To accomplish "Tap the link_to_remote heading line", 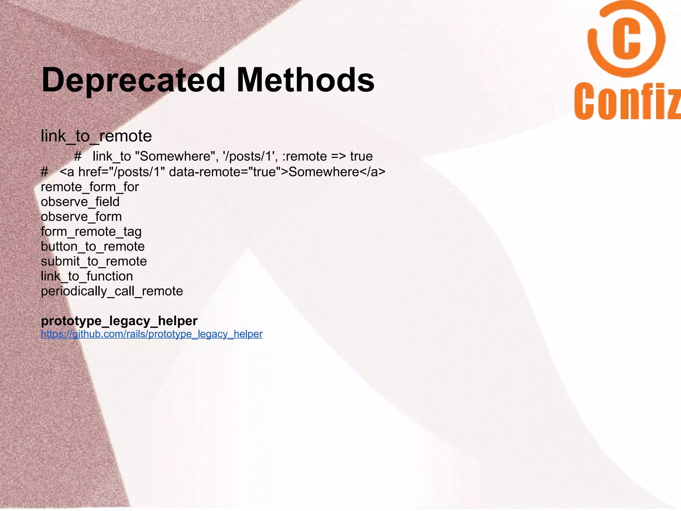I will pyautogui.click(x=96, y=136).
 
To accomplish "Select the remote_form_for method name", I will pyautogui.click(x=90, y=187).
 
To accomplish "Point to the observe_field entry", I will pyautogui.click(x=80, y=202).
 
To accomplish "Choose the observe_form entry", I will pyautogui.click(x=81, y=217).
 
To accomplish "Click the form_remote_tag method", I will pyautogui.click(x=91, y=232).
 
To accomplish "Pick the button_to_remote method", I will pyautogui.click(x=92, y=247).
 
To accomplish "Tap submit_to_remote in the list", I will pyautogui.click(x=94, y=261).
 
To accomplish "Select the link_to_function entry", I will pyautogui.click(x=87, y=276).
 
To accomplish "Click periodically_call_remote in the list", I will pyautogui.click(x=112, y=291).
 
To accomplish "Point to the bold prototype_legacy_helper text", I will pyautogui.click(x=119, y=321).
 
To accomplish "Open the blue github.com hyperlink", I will pyautogui.click(x=152, y=334).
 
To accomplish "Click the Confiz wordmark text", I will pyautogui.click(x=627, y=101).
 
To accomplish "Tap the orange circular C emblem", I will pyautogui.click(x=626, y=39).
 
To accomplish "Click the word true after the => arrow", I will pyautogui.click(x=361, y=156).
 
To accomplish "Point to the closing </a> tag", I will pyautogui.click(x=372, y=172).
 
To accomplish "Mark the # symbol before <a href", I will pyautogui.click(x=44, y=172).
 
